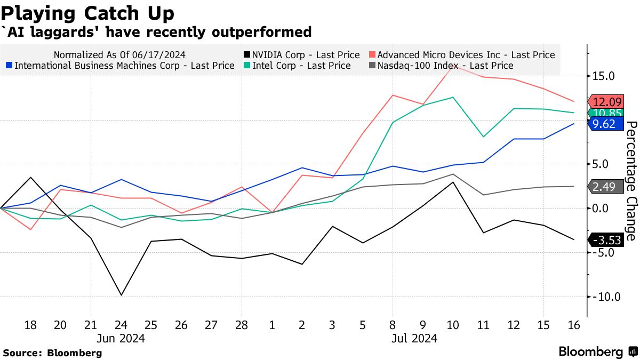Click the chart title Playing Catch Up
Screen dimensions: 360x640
89,13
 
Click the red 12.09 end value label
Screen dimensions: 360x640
605,101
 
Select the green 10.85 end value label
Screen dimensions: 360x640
605,113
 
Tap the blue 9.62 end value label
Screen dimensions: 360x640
605,124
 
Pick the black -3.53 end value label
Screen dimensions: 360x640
605,240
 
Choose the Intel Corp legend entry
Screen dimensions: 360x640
300,66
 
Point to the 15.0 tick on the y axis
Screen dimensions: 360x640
603,76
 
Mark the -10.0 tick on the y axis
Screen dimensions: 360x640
605,297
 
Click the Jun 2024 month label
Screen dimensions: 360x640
121,338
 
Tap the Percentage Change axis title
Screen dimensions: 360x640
630,181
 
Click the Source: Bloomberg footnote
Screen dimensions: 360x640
52,353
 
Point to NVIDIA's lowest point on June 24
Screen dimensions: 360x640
121,295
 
